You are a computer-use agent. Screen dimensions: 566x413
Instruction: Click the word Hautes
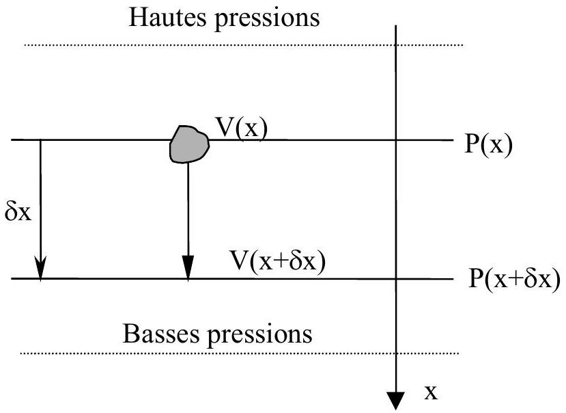[168, 16]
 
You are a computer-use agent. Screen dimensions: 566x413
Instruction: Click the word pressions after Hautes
[268, 20]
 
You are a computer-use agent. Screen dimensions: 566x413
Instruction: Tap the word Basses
[161, 333]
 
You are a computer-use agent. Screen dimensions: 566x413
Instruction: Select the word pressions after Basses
[259, 336]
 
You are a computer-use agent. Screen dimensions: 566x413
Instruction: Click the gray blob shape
[189, 144]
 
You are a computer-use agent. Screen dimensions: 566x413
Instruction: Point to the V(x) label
[242, 128]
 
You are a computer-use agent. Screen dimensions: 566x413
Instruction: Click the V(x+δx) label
[278, 261]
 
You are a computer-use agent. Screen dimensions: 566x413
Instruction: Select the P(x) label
[488, 145]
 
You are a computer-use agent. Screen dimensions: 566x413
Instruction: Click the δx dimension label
[18, 212]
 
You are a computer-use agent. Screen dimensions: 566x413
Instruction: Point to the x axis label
[431, 392]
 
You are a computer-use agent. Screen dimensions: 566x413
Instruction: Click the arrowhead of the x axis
[396, 401]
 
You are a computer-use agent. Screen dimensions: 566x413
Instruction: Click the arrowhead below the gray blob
[188, 267]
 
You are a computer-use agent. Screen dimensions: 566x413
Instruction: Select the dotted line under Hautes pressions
[244, 45]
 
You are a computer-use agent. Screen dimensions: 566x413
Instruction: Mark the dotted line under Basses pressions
[240, 353]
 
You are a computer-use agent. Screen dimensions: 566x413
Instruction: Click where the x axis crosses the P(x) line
[396, 140]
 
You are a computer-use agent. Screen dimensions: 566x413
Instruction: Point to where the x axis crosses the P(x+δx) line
[396, 279]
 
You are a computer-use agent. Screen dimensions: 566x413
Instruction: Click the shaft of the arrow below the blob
[188, 209]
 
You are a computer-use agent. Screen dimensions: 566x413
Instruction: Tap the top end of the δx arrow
[40, 139]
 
